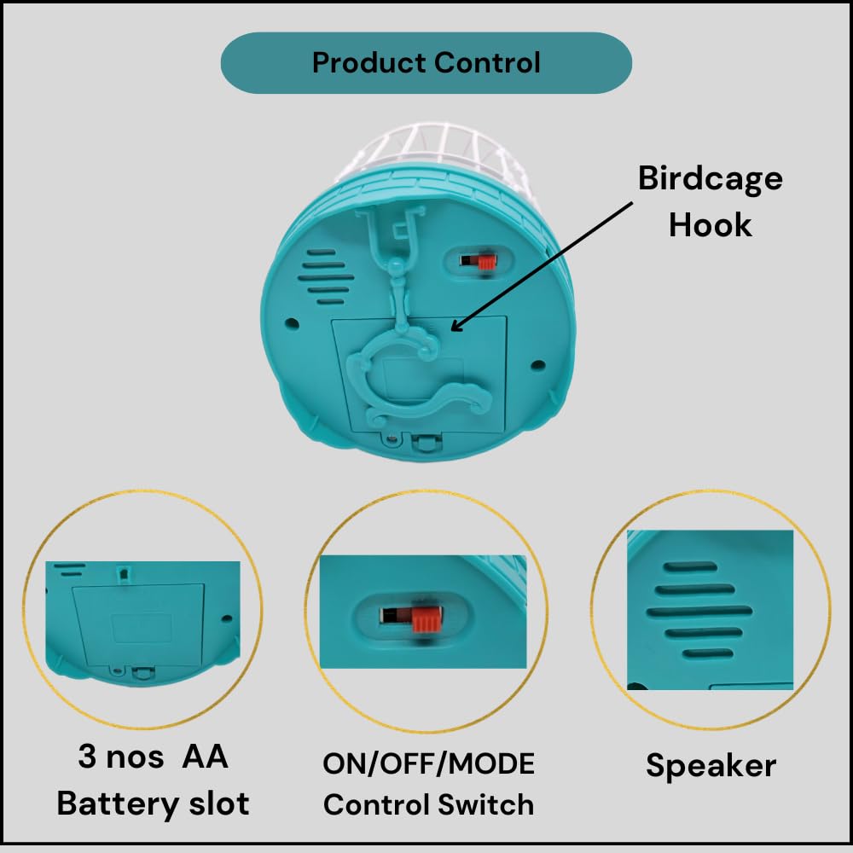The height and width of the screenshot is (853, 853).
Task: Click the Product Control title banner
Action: point(426,62)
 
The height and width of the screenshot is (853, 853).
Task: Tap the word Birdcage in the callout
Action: point(710,179)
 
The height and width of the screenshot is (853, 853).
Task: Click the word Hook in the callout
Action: point(710,224)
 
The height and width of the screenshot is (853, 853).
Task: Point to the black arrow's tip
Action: point(452,330)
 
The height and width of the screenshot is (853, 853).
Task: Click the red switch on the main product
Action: point(485,260)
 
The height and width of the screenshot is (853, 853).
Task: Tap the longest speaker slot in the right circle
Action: point(699,612)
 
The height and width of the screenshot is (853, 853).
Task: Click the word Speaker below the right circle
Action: point(711,765)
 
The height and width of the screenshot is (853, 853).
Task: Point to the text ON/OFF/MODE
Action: point(428,763)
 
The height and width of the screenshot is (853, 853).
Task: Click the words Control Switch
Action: point(428,804)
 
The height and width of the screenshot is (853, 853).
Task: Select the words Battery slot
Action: point(153,803)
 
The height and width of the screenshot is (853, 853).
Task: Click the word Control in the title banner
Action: point(487,62)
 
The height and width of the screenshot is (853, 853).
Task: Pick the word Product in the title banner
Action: point(368,62)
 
